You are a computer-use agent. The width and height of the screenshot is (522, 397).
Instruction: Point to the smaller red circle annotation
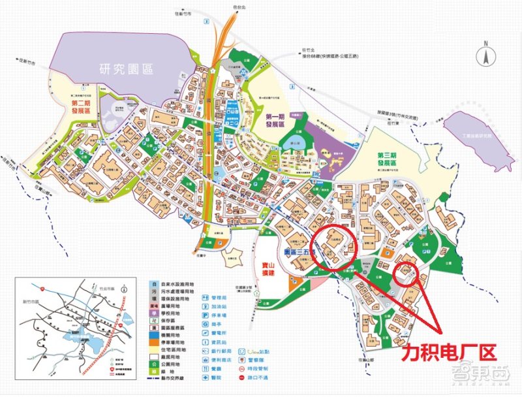pos(409,272)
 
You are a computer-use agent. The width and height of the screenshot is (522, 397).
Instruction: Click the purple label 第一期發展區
pos(282,121)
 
